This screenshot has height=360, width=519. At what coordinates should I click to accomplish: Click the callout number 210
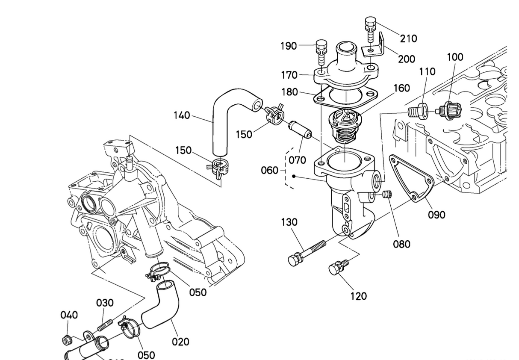click(408, 39)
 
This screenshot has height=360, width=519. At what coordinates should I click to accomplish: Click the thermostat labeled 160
click(344, 124)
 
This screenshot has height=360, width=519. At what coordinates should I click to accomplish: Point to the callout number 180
click(290, 92)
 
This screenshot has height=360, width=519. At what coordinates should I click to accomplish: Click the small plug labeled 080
click(386, 195)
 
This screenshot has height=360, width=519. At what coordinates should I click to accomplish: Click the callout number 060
click(269, 171)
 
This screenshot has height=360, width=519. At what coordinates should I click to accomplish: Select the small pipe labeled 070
click(298, 130)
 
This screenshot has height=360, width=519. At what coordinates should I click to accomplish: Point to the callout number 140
click(182, 115)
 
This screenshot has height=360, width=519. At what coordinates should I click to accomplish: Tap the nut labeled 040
click(66, 340)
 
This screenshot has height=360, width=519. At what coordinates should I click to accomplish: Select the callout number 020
click(180, 342)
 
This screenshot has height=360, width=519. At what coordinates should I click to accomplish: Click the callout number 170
click(289, 75)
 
